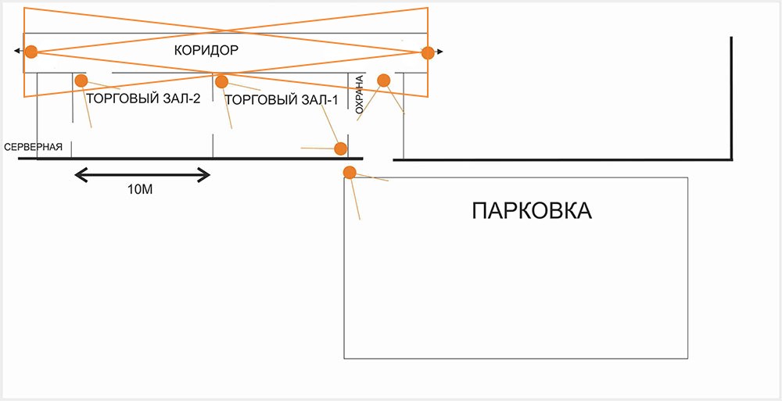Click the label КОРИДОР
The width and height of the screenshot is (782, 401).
pyautogui.click(x=206, y=50)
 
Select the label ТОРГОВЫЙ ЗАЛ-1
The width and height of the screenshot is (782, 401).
pyautogui.click(x=281, y=100)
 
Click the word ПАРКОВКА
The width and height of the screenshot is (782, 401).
pyautogui.click(x=532, y=211)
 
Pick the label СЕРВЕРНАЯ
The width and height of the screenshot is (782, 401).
pyautogui.click(x=33, y=147)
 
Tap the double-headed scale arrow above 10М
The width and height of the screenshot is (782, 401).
pyautogui.click(x=142, y=174)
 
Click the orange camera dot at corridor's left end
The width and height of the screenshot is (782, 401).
pyautogui.click(x=30, y=52)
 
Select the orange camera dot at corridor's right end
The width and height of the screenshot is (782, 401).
pyautogui.click(x=427, y=52)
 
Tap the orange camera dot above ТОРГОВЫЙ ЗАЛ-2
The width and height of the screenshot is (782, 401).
pyautogui.click(x=81, y=81)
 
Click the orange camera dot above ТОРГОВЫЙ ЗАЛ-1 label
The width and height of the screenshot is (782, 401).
pyautogui.click(x=221, y=81)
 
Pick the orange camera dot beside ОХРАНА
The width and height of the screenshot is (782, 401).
pyautogui.click(x=383, y=81)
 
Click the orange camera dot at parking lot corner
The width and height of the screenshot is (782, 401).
pyautogui.click(x=350, y=172)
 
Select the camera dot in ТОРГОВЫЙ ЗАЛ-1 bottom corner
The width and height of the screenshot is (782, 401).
pyautogui.click(x=340, y=149)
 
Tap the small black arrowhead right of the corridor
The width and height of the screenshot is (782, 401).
pyautogui.click(x=440, y=52)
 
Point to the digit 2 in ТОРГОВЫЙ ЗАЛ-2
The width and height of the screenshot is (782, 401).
pyautogui.click(x=207, y=99)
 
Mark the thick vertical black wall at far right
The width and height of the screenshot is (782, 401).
pyautogui.click(x=732, y=98)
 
